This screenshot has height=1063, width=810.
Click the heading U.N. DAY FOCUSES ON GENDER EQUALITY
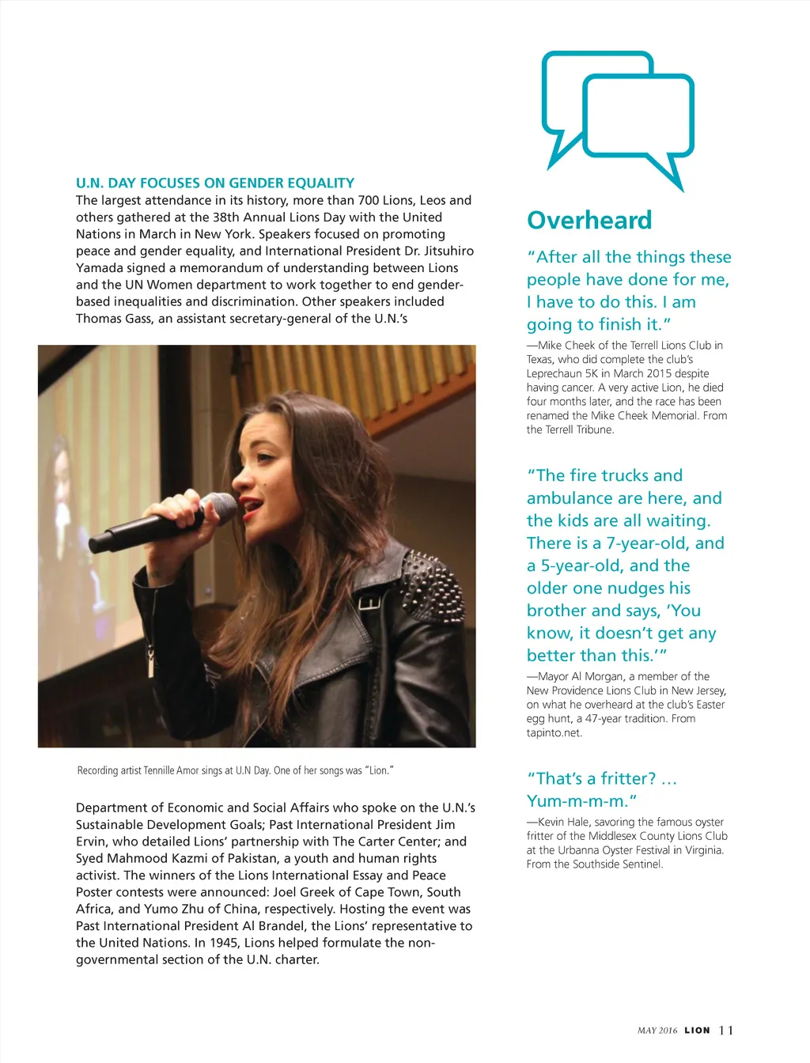click(215, 183)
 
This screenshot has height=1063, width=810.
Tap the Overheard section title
click(589, 220)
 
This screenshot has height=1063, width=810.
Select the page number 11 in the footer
click(726, 1030)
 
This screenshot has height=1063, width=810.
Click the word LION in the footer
click(697, 1030)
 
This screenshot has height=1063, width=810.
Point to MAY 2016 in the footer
click(657, 1030)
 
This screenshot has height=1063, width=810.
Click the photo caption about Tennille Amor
click(236, 770)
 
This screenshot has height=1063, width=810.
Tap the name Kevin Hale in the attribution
click(564, 822)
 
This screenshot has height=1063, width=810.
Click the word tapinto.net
click(554, 732)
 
